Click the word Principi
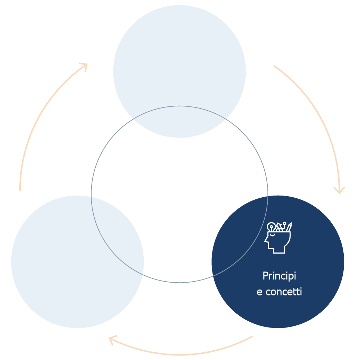279,276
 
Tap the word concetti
284,292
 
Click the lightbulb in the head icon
271,227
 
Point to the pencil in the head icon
289,227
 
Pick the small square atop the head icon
284,223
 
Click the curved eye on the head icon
272,235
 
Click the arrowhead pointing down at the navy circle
339,191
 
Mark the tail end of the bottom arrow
252,337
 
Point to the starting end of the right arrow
274,66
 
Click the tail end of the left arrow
20,190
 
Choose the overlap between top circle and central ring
180,122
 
